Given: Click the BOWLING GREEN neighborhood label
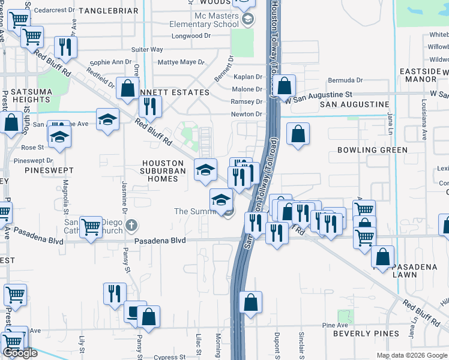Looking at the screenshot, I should [x=372, y=149].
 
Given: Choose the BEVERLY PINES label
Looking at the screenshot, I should [x=366, y=333].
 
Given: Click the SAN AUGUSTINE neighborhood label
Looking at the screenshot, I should [x=354, y=104].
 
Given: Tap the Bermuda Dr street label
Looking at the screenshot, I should [x=345, y=80].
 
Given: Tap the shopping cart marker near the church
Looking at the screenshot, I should [x=91, y=227].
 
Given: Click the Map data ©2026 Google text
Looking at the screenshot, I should [x=412, y=355].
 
